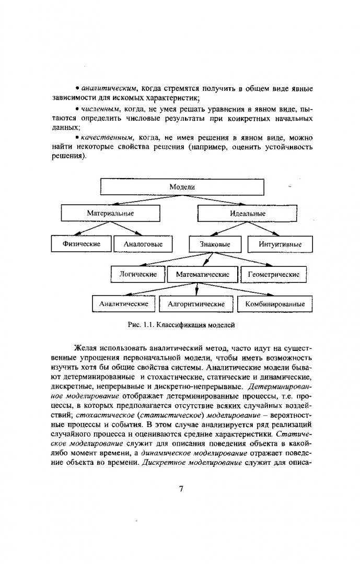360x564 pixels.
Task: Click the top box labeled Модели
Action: pyautogui.click(x=182, y=186)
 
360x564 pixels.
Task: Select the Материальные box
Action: pyautogui.click(x=110, y=213)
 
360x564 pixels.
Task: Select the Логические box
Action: pyautogui.click(x=138, y=274)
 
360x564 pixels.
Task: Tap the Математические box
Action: pyautogui.click(x=203, y=274)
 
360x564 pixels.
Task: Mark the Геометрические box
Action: pyautogui.click(x=274, y=274)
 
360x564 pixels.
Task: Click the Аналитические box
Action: pyautogui.click(x=124, y=303)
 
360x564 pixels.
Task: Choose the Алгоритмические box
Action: pyautogui.click(x=196, y=303)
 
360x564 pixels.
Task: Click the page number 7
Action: pyautogui.click(x=180, y=489)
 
